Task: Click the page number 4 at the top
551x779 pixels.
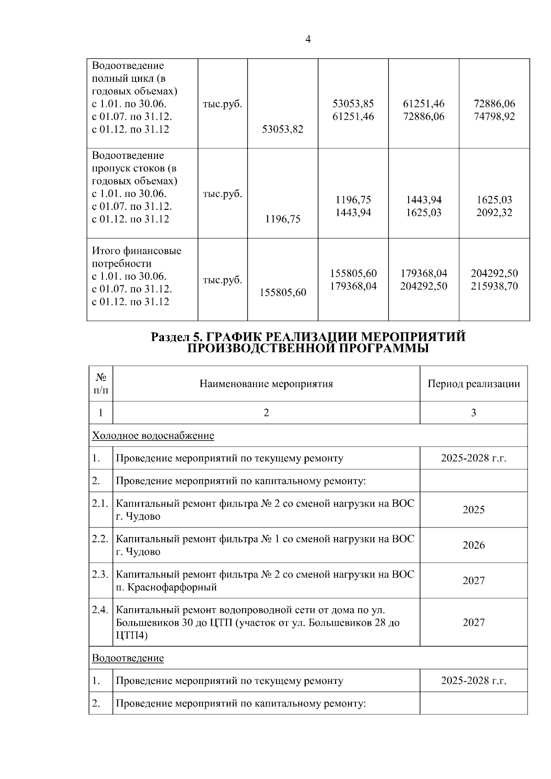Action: [x=308, y=40]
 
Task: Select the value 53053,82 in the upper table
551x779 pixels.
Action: [x=282, y=129]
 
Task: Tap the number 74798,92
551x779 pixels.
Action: [x=494, y=117]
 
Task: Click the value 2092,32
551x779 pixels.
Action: [x=494, y=213]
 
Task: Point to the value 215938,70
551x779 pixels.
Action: [x=494, y=286]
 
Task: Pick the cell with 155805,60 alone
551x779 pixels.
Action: [x=282, y=292]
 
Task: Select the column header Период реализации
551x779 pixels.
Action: [x=473, y=384]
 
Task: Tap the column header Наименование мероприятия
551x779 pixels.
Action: [x=266, y=384]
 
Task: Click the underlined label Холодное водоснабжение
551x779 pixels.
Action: [x=153, y=435]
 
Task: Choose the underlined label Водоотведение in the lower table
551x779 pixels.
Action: [x=128, y=658]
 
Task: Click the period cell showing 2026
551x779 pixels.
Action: [x=473, y=545]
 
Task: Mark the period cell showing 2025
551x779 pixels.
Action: [x=473, y=510]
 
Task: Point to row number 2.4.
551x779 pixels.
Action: [x=100, y=610]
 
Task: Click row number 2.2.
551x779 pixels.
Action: [x=100, y=538]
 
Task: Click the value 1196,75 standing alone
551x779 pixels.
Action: [x=282, y=219]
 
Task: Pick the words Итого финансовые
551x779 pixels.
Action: [x=136, y=251]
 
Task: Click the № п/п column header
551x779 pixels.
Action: [x=101, y=384]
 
